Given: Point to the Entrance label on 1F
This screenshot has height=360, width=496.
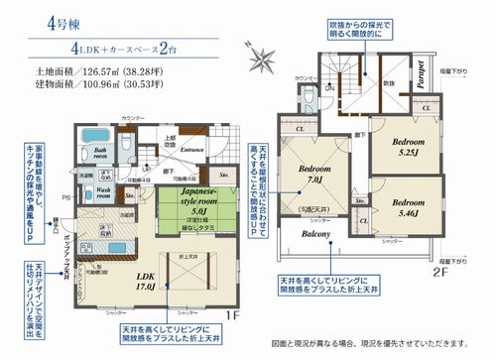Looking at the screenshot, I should coord(192,151).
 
